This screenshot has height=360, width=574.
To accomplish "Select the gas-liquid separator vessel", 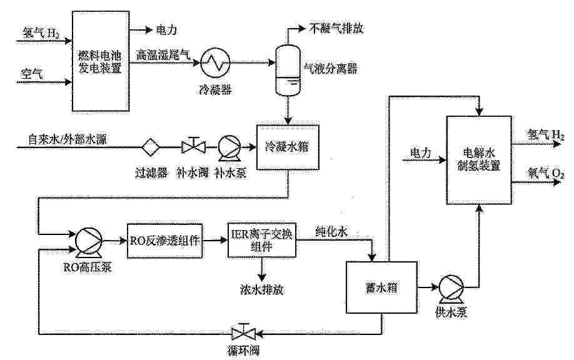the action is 288,70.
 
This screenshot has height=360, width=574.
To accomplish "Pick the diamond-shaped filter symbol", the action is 151,147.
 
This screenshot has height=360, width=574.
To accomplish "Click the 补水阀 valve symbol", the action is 193,146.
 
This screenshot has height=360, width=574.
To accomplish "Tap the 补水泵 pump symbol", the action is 229,147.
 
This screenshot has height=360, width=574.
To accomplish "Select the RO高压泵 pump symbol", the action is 88,241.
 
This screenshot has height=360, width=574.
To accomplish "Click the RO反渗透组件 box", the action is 164,241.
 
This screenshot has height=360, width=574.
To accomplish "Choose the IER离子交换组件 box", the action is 262,240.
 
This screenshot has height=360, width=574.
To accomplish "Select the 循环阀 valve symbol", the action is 243,332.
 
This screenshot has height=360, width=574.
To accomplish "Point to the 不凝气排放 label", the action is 336,29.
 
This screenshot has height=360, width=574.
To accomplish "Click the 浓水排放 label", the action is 262,290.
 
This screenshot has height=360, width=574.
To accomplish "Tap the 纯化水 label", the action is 331,232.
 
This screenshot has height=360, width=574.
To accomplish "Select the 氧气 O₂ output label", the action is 545,172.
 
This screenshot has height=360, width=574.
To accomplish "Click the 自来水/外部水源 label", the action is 68,139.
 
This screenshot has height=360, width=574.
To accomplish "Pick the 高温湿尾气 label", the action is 163,55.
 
